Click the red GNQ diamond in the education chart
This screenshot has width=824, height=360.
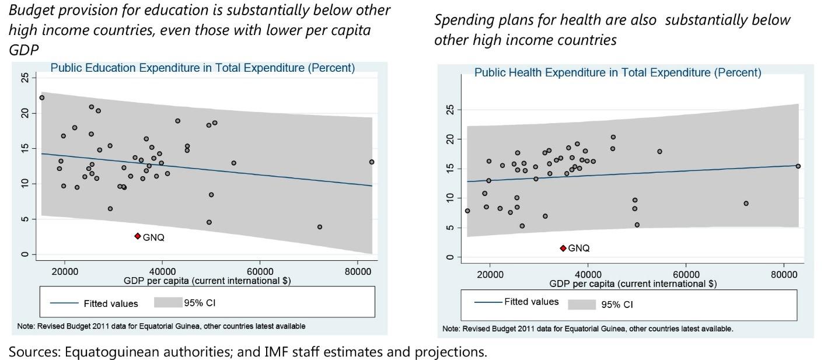tap(138, 236)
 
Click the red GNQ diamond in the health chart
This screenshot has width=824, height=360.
tap(563, 248)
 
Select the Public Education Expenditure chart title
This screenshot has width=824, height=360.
tap(202, 68)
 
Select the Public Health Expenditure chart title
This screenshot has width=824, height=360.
tap(617, 73)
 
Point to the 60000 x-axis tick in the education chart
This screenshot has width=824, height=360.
tap(260, 271)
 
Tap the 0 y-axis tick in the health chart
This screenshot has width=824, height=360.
tap(450, 257)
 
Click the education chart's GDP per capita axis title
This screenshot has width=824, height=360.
tap(207, 281)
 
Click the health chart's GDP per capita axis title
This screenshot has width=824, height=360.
tap(633, 284)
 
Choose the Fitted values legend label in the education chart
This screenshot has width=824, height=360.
tap(111, 303)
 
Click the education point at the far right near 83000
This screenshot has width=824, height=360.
tap(371, 162)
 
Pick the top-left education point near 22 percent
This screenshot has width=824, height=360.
tap(42, 98)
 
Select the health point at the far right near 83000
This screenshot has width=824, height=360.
tap(798, 166)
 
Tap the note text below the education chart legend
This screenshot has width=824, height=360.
tap(161, 326)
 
